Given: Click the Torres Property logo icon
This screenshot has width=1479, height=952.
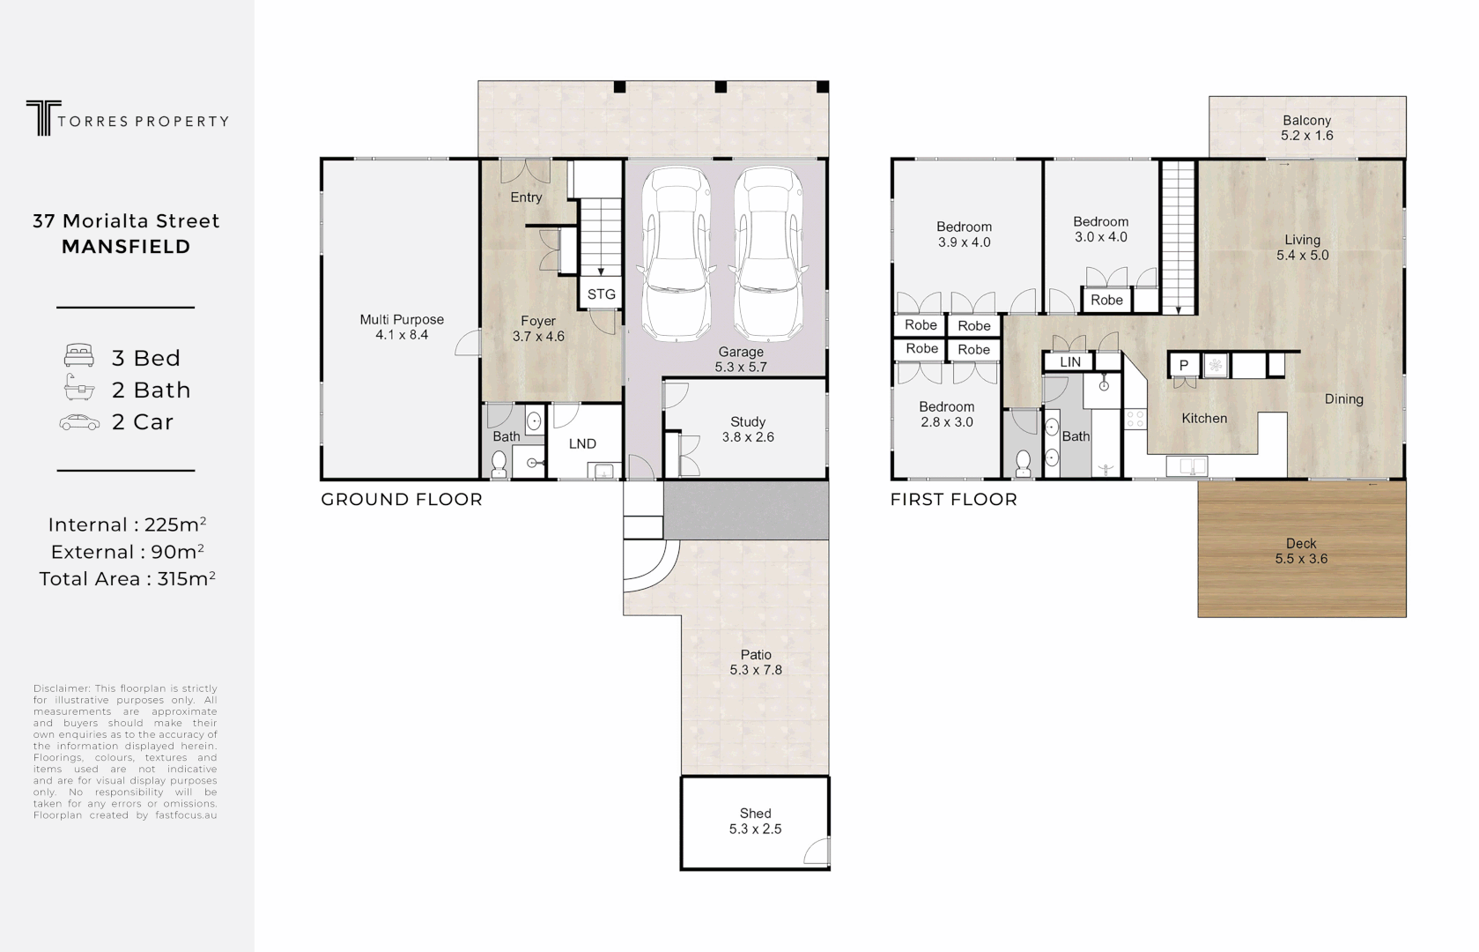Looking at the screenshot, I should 40,118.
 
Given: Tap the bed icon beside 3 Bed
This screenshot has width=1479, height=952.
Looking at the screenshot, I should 79,356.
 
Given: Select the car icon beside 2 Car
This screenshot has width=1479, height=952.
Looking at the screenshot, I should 79,422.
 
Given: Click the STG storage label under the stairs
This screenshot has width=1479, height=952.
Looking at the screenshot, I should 601,294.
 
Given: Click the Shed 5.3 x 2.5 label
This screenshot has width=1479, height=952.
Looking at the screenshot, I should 755,821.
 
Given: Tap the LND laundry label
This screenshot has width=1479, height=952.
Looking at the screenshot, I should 582,444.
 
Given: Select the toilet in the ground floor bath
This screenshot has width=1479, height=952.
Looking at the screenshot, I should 499,464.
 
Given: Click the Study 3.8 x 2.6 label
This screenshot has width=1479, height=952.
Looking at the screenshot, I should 748,429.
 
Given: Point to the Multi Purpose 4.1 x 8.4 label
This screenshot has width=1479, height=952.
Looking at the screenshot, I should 402,327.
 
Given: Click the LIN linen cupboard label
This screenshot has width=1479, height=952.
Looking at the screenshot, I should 1070,362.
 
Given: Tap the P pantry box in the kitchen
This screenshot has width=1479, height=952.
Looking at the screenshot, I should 1183,365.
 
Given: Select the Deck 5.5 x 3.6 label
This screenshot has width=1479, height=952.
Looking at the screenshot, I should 1301,551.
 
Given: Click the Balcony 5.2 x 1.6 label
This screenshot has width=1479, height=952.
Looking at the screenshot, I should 1306,128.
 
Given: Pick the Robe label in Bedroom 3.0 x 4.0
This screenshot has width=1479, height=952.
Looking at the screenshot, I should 1106,300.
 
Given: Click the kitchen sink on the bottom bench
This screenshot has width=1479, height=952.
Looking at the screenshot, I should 1186,465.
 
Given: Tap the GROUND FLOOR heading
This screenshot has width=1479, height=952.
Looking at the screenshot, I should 402,500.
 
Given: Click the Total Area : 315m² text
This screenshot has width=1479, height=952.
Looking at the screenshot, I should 127,579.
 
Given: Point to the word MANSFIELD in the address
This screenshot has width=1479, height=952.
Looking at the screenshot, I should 126,247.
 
